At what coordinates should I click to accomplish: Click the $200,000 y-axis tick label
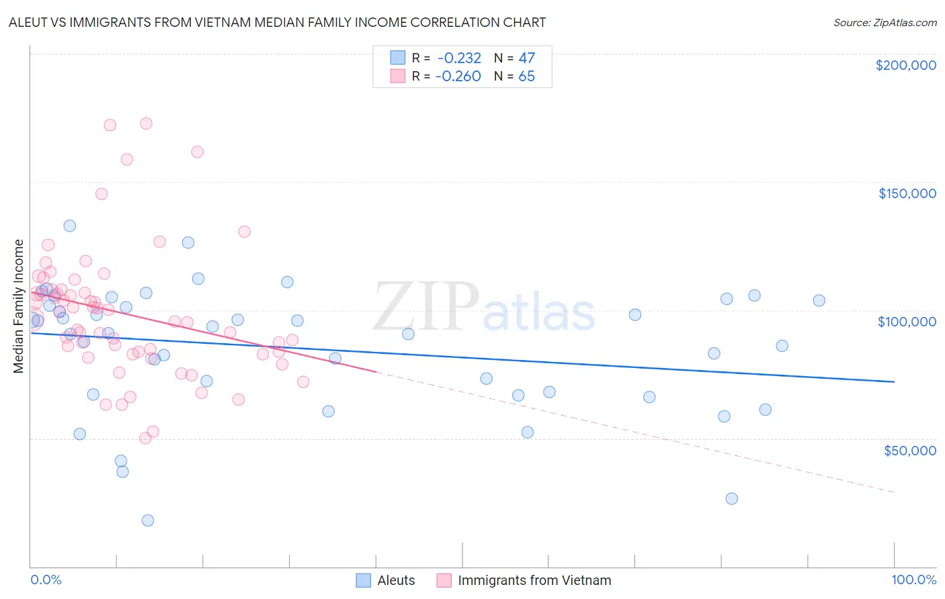click(x=905, y=65)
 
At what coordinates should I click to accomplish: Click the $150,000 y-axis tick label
click(x=907, y=193)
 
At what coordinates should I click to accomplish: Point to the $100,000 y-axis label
click(x=907, y=322)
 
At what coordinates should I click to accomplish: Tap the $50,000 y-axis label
click(x=909, y=450)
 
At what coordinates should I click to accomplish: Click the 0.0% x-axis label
click(x=46, y=580)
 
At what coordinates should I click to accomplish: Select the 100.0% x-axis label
click(x=913, y=580)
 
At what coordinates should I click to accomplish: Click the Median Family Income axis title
click(x=18, y=306)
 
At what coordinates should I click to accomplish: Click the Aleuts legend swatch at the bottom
click(x=364, y=580)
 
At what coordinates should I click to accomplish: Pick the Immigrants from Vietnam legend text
click(x=534, y=580)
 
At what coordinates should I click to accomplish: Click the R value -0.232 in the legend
click(x=459, y=58)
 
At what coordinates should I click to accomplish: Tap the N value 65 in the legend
click(x=526, y=77)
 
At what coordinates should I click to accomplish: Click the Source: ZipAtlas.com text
click(x=885, y=23)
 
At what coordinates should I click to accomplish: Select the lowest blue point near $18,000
click(x=148, y=520)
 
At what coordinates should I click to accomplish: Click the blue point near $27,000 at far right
click(x=731, y=498)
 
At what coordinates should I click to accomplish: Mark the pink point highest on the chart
click(x=146, y=124)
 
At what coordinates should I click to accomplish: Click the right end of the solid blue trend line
click(x=894, y=381)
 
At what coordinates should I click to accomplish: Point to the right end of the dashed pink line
click(x=894, y=492)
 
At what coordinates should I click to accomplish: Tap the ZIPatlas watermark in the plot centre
click(x=484, y=308)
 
